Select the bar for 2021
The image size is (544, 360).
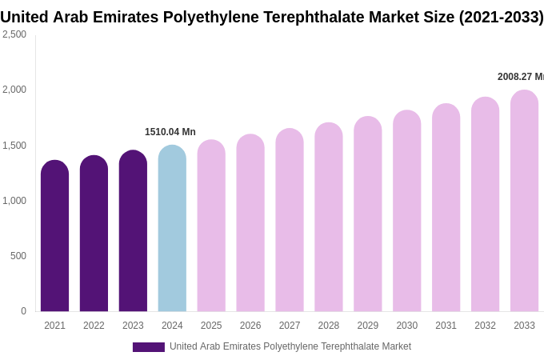[54, 236]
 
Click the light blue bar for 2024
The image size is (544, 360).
[172, 228]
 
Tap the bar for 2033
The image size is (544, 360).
[524, 201]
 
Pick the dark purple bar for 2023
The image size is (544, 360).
[133, 231]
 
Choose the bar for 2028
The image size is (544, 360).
[328, 217]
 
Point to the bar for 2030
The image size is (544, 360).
[406, 210]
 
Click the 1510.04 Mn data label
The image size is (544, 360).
[170, 132]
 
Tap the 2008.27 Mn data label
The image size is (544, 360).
[520, 77]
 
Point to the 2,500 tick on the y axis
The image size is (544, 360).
[14, 34]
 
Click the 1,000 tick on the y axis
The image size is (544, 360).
[14, 201]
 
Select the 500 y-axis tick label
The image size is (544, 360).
[18, 256]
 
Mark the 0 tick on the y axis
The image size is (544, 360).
[23, 311]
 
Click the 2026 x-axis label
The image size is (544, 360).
[250, 326]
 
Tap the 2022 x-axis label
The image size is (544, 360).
[94, 326]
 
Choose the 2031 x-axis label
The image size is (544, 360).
[446, 326]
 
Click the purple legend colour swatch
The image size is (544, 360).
[148, 347]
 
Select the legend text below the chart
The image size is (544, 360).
[290, 346]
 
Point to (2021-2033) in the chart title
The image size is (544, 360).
[501, 17]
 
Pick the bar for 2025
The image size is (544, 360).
[211, 226]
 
